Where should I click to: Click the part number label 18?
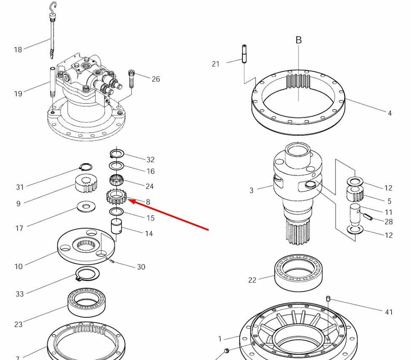tap(18, 50)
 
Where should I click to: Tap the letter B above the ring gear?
tap(298, 40)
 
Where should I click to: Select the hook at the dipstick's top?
tap(53, 7)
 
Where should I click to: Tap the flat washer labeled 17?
tap(86, 207)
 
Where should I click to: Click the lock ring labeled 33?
tap(87, 274)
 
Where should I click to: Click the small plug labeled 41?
tap(328, 298)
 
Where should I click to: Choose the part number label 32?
tap(150, 160)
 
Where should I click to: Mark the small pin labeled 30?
tap(112, 261)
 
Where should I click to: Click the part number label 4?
tap(390, 113)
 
